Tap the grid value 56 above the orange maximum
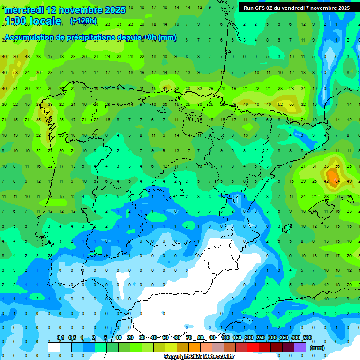coord(337,166)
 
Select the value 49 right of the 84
coord(349,181)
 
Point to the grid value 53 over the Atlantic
coord(15,73)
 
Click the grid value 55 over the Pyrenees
coord(292,104)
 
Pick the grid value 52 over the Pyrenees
coord(280,104)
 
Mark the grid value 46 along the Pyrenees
coord(246,104)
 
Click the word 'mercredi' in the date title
coord(23,10)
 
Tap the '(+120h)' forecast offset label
coord(83,21)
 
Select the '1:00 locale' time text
coord(33,21)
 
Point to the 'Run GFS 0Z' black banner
coord(296,7)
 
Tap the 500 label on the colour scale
coord(307,337)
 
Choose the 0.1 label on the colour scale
coord(60,337)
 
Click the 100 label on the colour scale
coord(225,337)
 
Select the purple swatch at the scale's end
coord(300,347)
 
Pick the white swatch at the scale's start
coord(54,347)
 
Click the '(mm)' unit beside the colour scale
coord(317,348)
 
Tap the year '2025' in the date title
coord(115,10)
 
